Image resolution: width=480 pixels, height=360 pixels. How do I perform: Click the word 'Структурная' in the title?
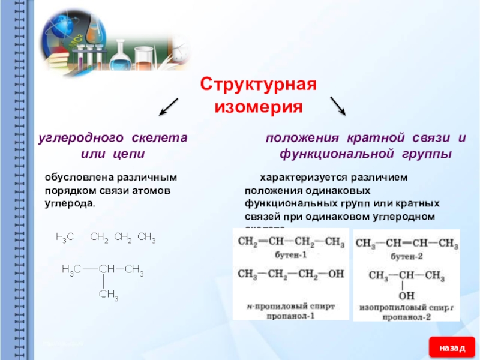(x=258, y=84)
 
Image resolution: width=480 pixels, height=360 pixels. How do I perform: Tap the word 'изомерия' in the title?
(x=258, y=107)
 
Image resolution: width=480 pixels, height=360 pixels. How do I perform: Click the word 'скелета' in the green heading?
(x=158, y=138)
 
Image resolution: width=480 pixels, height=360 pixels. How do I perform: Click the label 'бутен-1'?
(x=291, y=256)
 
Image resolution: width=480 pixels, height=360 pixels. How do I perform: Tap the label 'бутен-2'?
(x=407, y=256)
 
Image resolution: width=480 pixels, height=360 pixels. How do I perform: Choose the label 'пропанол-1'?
(x=291, y=315)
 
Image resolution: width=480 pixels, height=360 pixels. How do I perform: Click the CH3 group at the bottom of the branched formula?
(x=109, y=294)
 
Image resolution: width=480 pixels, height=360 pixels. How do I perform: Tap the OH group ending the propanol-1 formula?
(x=336, y=274)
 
